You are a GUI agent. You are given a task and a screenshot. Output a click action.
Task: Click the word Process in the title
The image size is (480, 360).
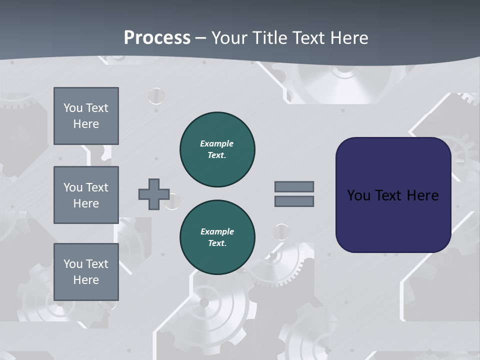click(x=157, y=38)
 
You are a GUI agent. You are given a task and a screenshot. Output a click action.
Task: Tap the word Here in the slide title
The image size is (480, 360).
click(x=347, y=38)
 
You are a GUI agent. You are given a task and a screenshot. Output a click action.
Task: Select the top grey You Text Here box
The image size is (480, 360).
click(x=86, y=116)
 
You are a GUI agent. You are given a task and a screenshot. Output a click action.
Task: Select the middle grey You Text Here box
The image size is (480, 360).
click(x=86, y=195)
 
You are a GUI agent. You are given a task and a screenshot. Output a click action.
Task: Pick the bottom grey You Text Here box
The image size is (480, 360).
click(x=86, y=272)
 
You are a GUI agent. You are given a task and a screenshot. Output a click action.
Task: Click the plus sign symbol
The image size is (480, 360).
click(x=154, y=194)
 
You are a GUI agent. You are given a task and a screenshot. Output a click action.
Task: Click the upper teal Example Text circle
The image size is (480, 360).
click(x=217, y=149)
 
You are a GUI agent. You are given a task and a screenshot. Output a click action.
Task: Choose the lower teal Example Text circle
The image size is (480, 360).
click(x=217, y=237)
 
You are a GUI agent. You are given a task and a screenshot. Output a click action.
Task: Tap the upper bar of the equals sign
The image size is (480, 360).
click(x=294, y=186)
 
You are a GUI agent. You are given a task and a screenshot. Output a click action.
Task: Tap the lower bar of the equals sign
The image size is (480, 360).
click(x=294, y=201)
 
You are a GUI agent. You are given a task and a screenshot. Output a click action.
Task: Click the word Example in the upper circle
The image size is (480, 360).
click(x=216, y=143)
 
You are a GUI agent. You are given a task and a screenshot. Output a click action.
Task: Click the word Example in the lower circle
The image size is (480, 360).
click(x=217, y=231)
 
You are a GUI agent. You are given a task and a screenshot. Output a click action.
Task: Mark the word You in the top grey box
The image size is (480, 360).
click(x=72, y=108)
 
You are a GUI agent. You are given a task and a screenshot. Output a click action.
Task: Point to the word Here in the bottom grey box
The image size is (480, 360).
click(x=86, y=280)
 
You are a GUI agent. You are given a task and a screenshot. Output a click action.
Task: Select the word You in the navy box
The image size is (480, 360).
click(x=358, y=195)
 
